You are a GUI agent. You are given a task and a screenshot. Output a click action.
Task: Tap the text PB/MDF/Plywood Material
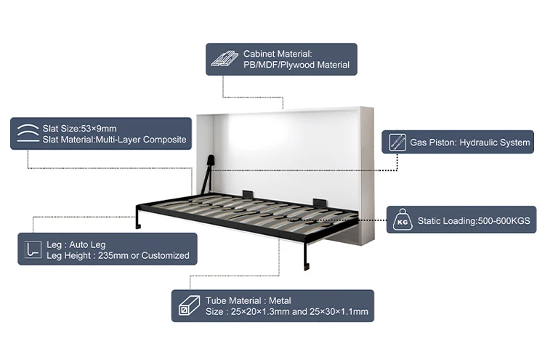tap(296, 65)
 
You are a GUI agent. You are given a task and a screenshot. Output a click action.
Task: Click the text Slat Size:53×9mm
tap(79, 129)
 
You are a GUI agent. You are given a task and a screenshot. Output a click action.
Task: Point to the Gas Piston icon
tap(397, 142)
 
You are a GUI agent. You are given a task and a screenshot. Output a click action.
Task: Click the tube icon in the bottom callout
tap(187, 306)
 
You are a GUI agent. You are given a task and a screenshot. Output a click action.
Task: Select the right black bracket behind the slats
tap(318, 201)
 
